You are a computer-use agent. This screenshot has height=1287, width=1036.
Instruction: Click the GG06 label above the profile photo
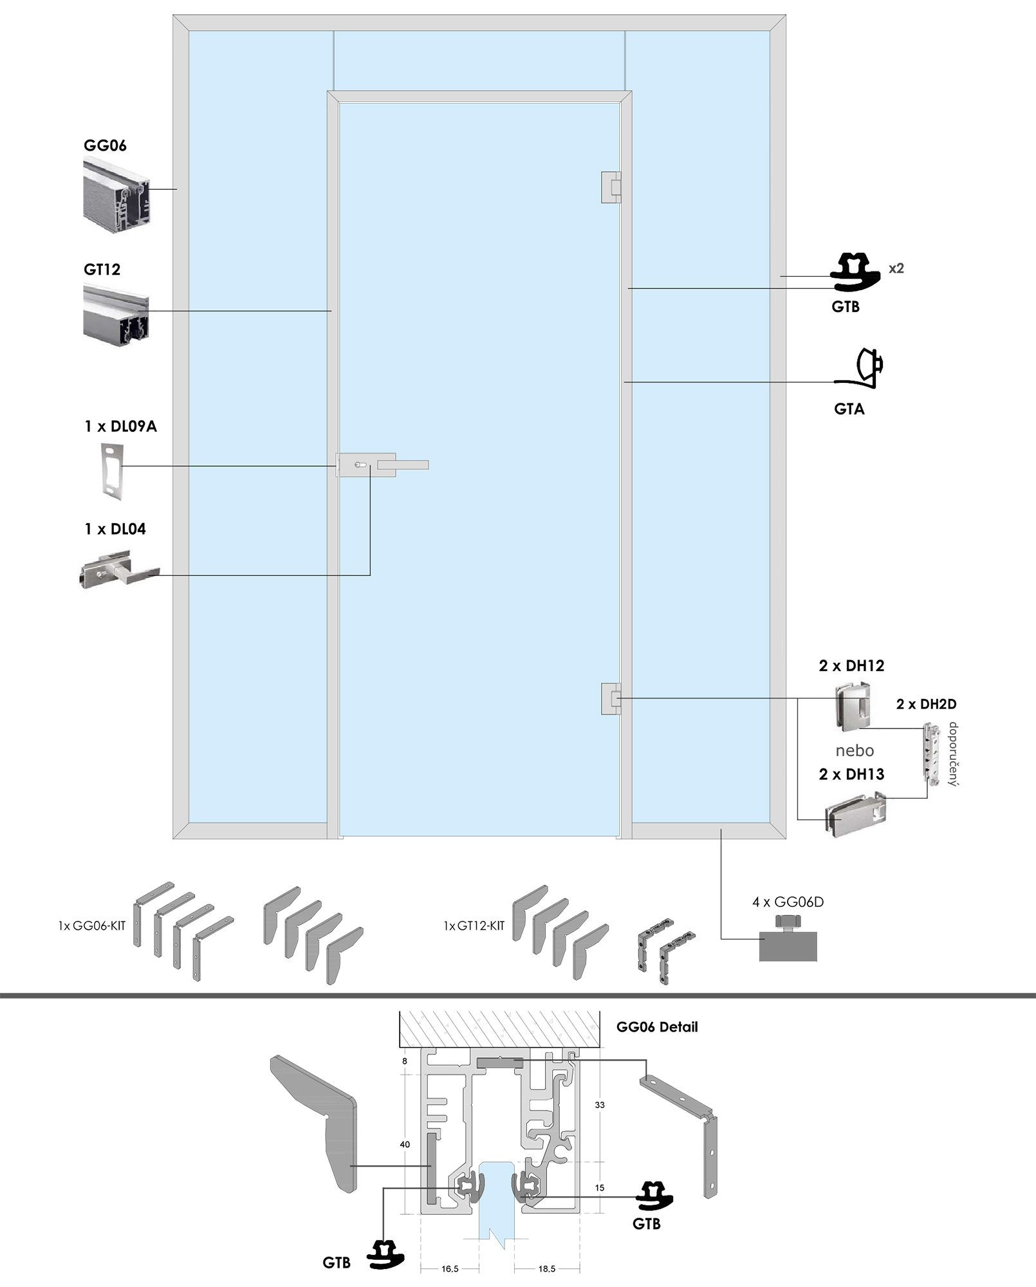point(105,145)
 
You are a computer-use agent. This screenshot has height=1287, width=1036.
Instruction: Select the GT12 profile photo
point(116,316)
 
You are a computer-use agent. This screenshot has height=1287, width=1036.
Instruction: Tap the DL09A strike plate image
point(112,470)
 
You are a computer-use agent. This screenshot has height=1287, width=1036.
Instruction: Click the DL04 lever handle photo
point(119,569)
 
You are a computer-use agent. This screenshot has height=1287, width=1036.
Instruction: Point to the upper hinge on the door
point(611,187)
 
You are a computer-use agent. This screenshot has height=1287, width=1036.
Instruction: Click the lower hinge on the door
point(611,698)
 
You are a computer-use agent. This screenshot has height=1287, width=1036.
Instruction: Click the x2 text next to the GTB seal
point(896,268)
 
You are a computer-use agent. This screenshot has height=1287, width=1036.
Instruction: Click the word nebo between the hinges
point(855,751)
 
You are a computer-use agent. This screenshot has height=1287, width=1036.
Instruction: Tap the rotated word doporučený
point(953,754)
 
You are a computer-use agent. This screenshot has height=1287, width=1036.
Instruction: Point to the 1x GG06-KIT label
point(91,926)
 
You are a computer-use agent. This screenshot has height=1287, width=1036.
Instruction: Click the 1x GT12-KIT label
point(474,926)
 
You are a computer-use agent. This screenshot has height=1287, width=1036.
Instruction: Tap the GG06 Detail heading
point(656,1027)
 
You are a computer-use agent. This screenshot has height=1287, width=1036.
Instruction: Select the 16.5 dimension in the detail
point(450,1269)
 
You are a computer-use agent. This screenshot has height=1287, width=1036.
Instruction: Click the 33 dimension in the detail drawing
point(600,1105)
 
